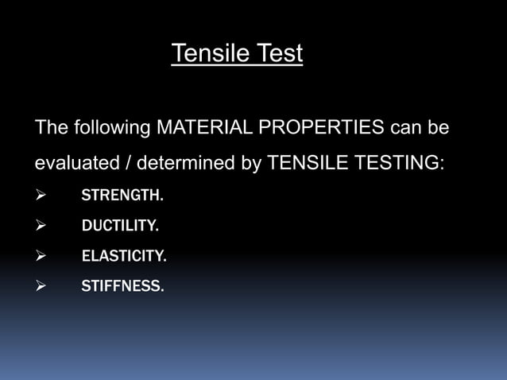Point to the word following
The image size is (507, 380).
[x=112, y=127]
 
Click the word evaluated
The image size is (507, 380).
[x=74, y=164]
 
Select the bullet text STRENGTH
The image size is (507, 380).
[x=122, y=196]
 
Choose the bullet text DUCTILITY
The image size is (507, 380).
[x=120, y=227]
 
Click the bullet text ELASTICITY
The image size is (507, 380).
[x=124, y=257]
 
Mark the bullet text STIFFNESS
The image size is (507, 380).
[x=123, y=287]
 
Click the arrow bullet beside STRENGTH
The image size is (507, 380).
[x=41, y=196]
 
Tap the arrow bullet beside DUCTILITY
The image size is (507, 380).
[x=41, y=227]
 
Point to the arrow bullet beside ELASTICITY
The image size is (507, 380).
[x=41, y=257]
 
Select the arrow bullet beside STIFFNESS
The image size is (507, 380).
[x=41, y=287]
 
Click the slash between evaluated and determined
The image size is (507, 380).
[x=128, y=164]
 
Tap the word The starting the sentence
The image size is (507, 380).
[x=52, y=127]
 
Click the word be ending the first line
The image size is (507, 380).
[x=439, y=127]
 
